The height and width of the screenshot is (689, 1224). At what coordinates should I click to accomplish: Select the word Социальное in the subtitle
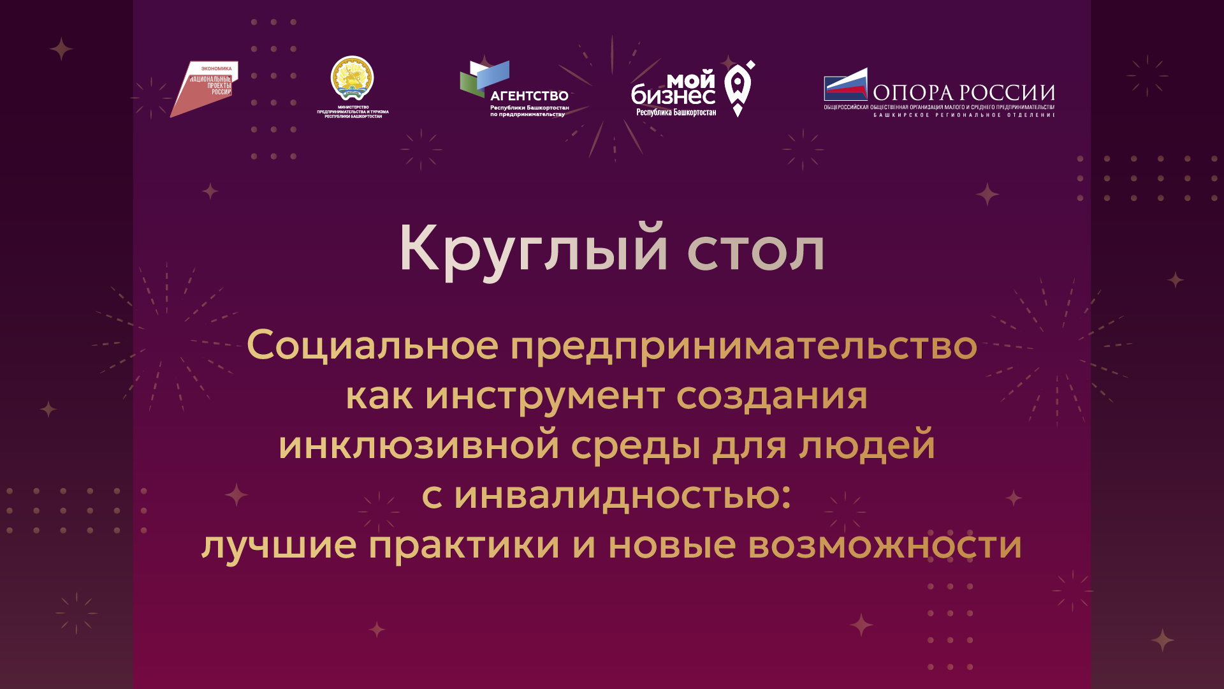tap(372, 346)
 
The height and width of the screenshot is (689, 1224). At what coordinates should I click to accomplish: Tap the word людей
tap(866, 446)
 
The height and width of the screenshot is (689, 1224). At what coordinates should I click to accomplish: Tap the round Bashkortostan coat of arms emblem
tap(352, 78)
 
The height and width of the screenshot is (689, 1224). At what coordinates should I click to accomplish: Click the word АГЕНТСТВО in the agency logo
tap(529, 96)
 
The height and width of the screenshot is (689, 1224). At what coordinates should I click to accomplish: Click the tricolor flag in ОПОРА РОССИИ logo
tap(845, 85)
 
